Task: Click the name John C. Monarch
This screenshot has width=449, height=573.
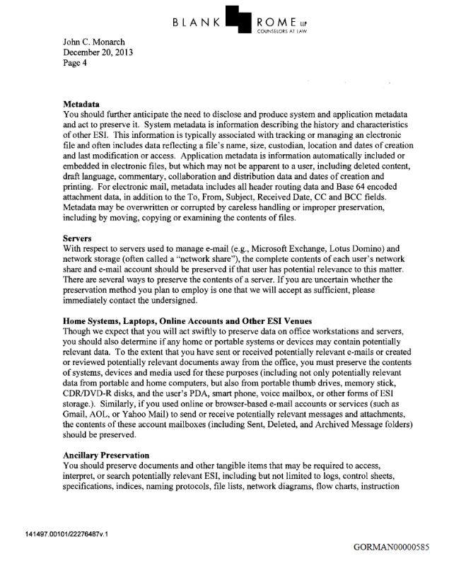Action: [95, 42]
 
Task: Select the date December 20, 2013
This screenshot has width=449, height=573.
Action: [98, 52]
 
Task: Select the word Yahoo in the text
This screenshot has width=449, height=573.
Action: [139, 412]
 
